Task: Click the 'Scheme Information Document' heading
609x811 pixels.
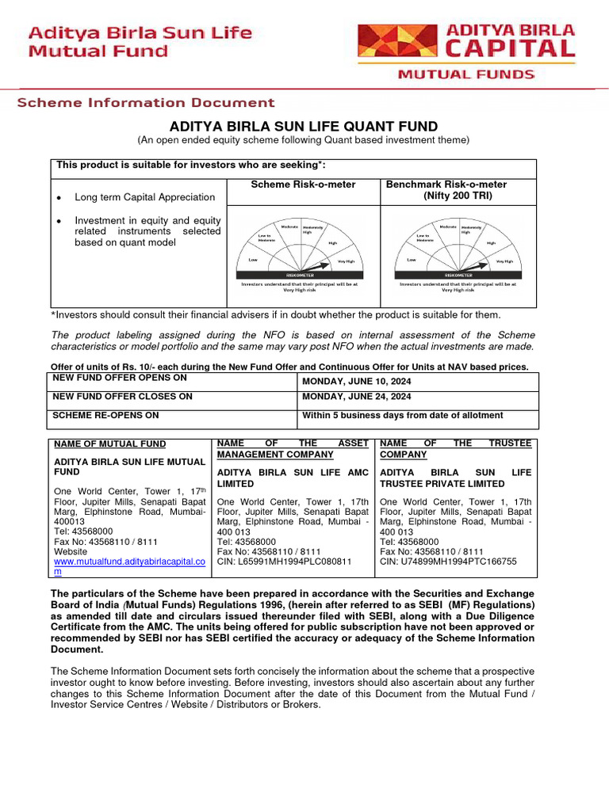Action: [147, 102]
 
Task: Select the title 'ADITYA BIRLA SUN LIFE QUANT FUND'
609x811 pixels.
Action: [304, 127]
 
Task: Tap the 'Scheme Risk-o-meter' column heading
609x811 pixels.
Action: [303, 185]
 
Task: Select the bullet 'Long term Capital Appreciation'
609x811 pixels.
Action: [144, 197]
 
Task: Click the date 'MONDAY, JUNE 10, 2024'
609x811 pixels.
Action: [357, 382]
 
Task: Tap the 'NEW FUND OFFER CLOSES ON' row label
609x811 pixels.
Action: [122, 396]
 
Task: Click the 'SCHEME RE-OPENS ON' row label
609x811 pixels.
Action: [105, 415]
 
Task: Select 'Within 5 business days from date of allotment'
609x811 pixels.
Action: [403, 415]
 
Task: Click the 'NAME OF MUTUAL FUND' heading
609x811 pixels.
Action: [109, 444]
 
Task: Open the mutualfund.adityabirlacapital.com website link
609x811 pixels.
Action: [128, 562]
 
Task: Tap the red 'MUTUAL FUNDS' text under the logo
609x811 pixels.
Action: [465, 74]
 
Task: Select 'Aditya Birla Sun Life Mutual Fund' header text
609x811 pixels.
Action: [140, 42]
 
